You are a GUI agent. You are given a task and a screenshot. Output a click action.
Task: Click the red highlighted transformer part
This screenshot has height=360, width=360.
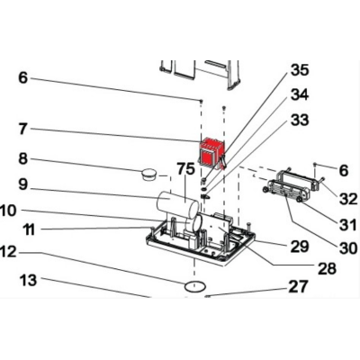click(x=211, y=154)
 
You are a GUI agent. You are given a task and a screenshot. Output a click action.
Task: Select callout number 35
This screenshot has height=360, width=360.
click(x=300, y=70)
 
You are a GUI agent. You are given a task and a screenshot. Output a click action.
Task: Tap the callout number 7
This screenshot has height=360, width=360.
click(x=23, y=130)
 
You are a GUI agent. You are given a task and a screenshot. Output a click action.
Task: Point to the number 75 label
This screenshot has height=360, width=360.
click(x=185, y=169)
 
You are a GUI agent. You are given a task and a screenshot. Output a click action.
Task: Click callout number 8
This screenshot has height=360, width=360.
click(x=22, y=158)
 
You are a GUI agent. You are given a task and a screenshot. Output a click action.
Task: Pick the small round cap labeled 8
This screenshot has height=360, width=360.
click(x=148, y=175)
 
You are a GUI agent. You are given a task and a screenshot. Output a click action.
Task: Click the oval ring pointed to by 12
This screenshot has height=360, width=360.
click(x=195, y=286)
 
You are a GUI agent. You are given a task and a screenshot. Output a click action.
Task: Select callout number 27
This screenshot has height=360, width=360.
click(x=298, y=286)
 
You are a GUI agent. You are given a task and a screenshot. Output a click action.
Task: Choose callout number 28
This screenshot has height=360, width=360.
click(x=327, y=268)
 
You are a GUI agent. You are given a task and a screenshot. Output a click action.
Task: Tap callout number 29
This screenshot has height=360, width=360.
click(x=300, y=247)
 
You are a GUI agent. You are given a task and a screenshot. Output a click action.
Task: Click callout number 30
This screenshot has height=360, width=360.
click(x=348, y=248)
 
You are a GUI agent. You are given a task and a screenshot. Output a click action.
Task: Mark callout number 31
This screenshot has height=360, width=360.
click(x=349, y=224)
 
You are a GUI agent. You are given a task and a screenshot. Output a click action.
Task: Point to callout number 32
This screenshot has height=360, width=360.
click(x=348, y=199)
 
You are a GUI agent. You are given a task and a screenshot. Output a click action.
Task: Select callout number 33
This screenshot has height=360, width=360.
click(x=300, y=120)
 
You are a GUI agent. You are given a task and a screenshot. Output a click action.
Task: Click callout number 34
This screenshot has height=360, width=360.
click(x=300, y=95)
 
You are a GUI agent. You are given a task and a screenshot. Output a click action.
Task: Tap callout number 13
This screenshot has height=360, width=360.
click(x=28, y=281)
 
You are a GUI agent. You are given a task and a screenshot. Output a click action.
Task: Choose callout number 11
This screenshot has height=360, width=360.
click(x=29, y=230)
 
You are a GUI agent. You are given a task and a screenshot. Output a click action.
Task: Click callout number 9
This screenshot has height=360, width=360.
click(x=22, y=184)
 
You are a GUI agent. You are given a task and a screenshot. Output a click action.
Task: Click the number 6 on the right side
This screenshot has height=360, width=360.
click(x=343, y=170)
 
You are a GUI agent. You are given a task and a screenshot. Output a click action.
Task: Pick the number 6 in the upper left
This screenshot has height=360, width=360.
click(x=22, y=77)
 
